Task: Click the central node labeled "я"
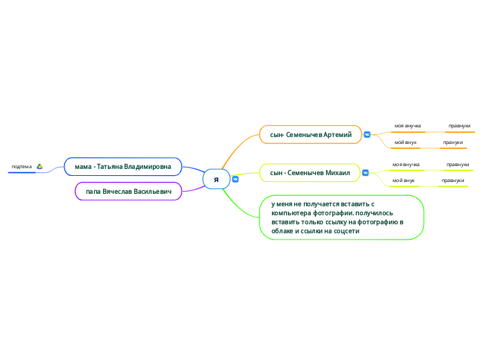(x=216, y=179)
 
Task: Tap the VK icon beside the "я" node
(x=235, y=179)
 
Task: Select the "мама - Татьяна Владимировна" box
(x=123, y=167)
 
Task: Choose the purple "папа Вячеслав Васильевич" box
(x=129, y=191)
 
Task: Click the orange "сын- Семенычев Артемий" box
(x=311, y=135)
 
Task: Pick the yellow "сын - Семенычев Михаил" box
(x=310, y=173)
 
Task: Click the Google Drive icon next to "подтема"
(x=39, y=167)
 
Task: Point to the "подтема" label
(x=21, y=167)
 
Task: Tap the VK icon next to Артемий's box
(x=367, y=135)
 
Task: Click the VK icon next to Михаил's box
(x=365, y=173)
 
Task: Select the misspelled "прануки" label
(x=453, y=143)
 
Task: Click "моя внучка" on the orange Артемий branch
(x=408, y=126)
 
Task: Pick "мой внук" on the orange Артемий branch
(x=405, y=143)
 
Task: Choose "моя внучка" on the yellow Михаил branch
(x=406, y=165)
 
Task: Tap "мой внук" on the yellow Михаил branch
(x=403, y=181)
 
